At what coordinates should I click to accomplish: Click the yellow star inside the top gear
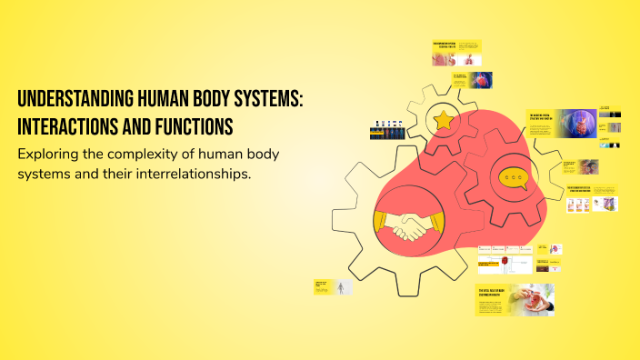[444, 118]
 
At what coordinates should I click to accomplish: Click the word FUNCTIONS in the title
[190, 124]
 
